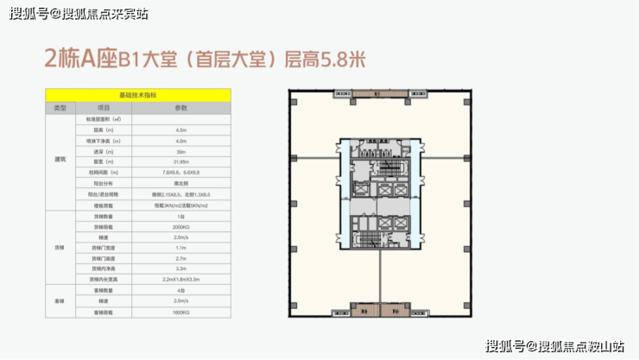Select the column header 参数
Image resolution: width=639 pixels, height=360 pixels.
click(x=180, y=108)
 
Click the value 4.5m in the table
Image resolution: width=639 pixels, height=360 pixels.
click(x=180, y=129)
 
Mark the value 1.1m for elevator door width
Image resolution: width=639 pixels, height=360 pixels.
click(x=180, y=248)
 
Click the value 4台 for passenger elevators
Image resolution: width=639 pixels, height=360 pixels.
click(x=180, y=291)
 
